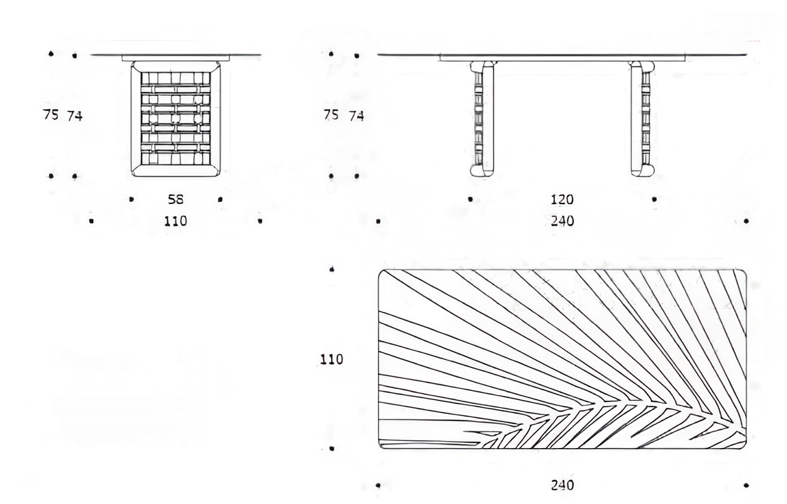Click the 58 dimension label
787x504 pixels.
click(176, 199)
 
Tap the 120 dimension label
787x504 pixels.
click(562, 200)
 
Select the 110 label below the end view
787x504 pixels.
click(176, 221)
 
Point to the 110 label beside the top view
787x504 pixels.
click(331, 359)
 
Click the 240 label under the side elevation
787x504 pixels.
click(563, 221)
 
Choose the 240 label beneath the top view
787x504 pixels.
click(563, 485)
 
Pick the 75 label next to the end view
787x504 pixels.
click(50, 114)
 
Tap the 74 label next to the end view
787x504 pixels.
click(75, 116)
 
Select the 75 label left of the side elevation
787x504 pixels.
click(331, 114)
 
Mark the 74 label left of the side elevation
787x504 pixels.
click(356, 116)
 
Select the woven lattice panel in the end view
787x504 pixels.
click(176, 118)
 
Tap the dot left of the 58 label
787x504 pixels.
click(131, 199)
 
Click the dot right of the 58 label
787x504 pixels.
click(220, 199)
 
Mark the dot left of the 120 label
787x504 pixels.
click(470, 199)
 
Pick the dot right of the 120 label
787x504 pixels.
click(654, 199)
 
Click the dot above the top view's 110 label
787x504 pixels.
click(331, 270)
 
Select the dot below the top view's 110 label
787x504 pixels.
click(331, 449)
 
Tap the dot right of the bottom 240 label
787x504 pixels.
click(746, 485)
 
